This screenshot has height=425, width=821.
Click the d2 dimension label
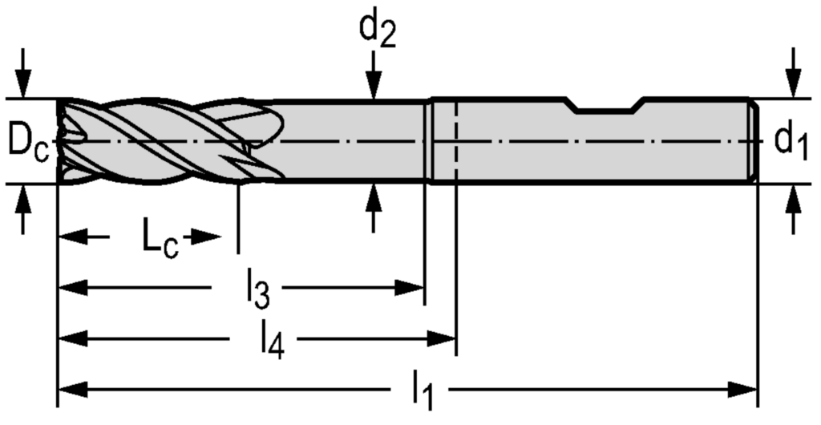377,30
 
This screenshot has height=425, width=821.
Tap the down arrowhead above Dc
24,87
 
